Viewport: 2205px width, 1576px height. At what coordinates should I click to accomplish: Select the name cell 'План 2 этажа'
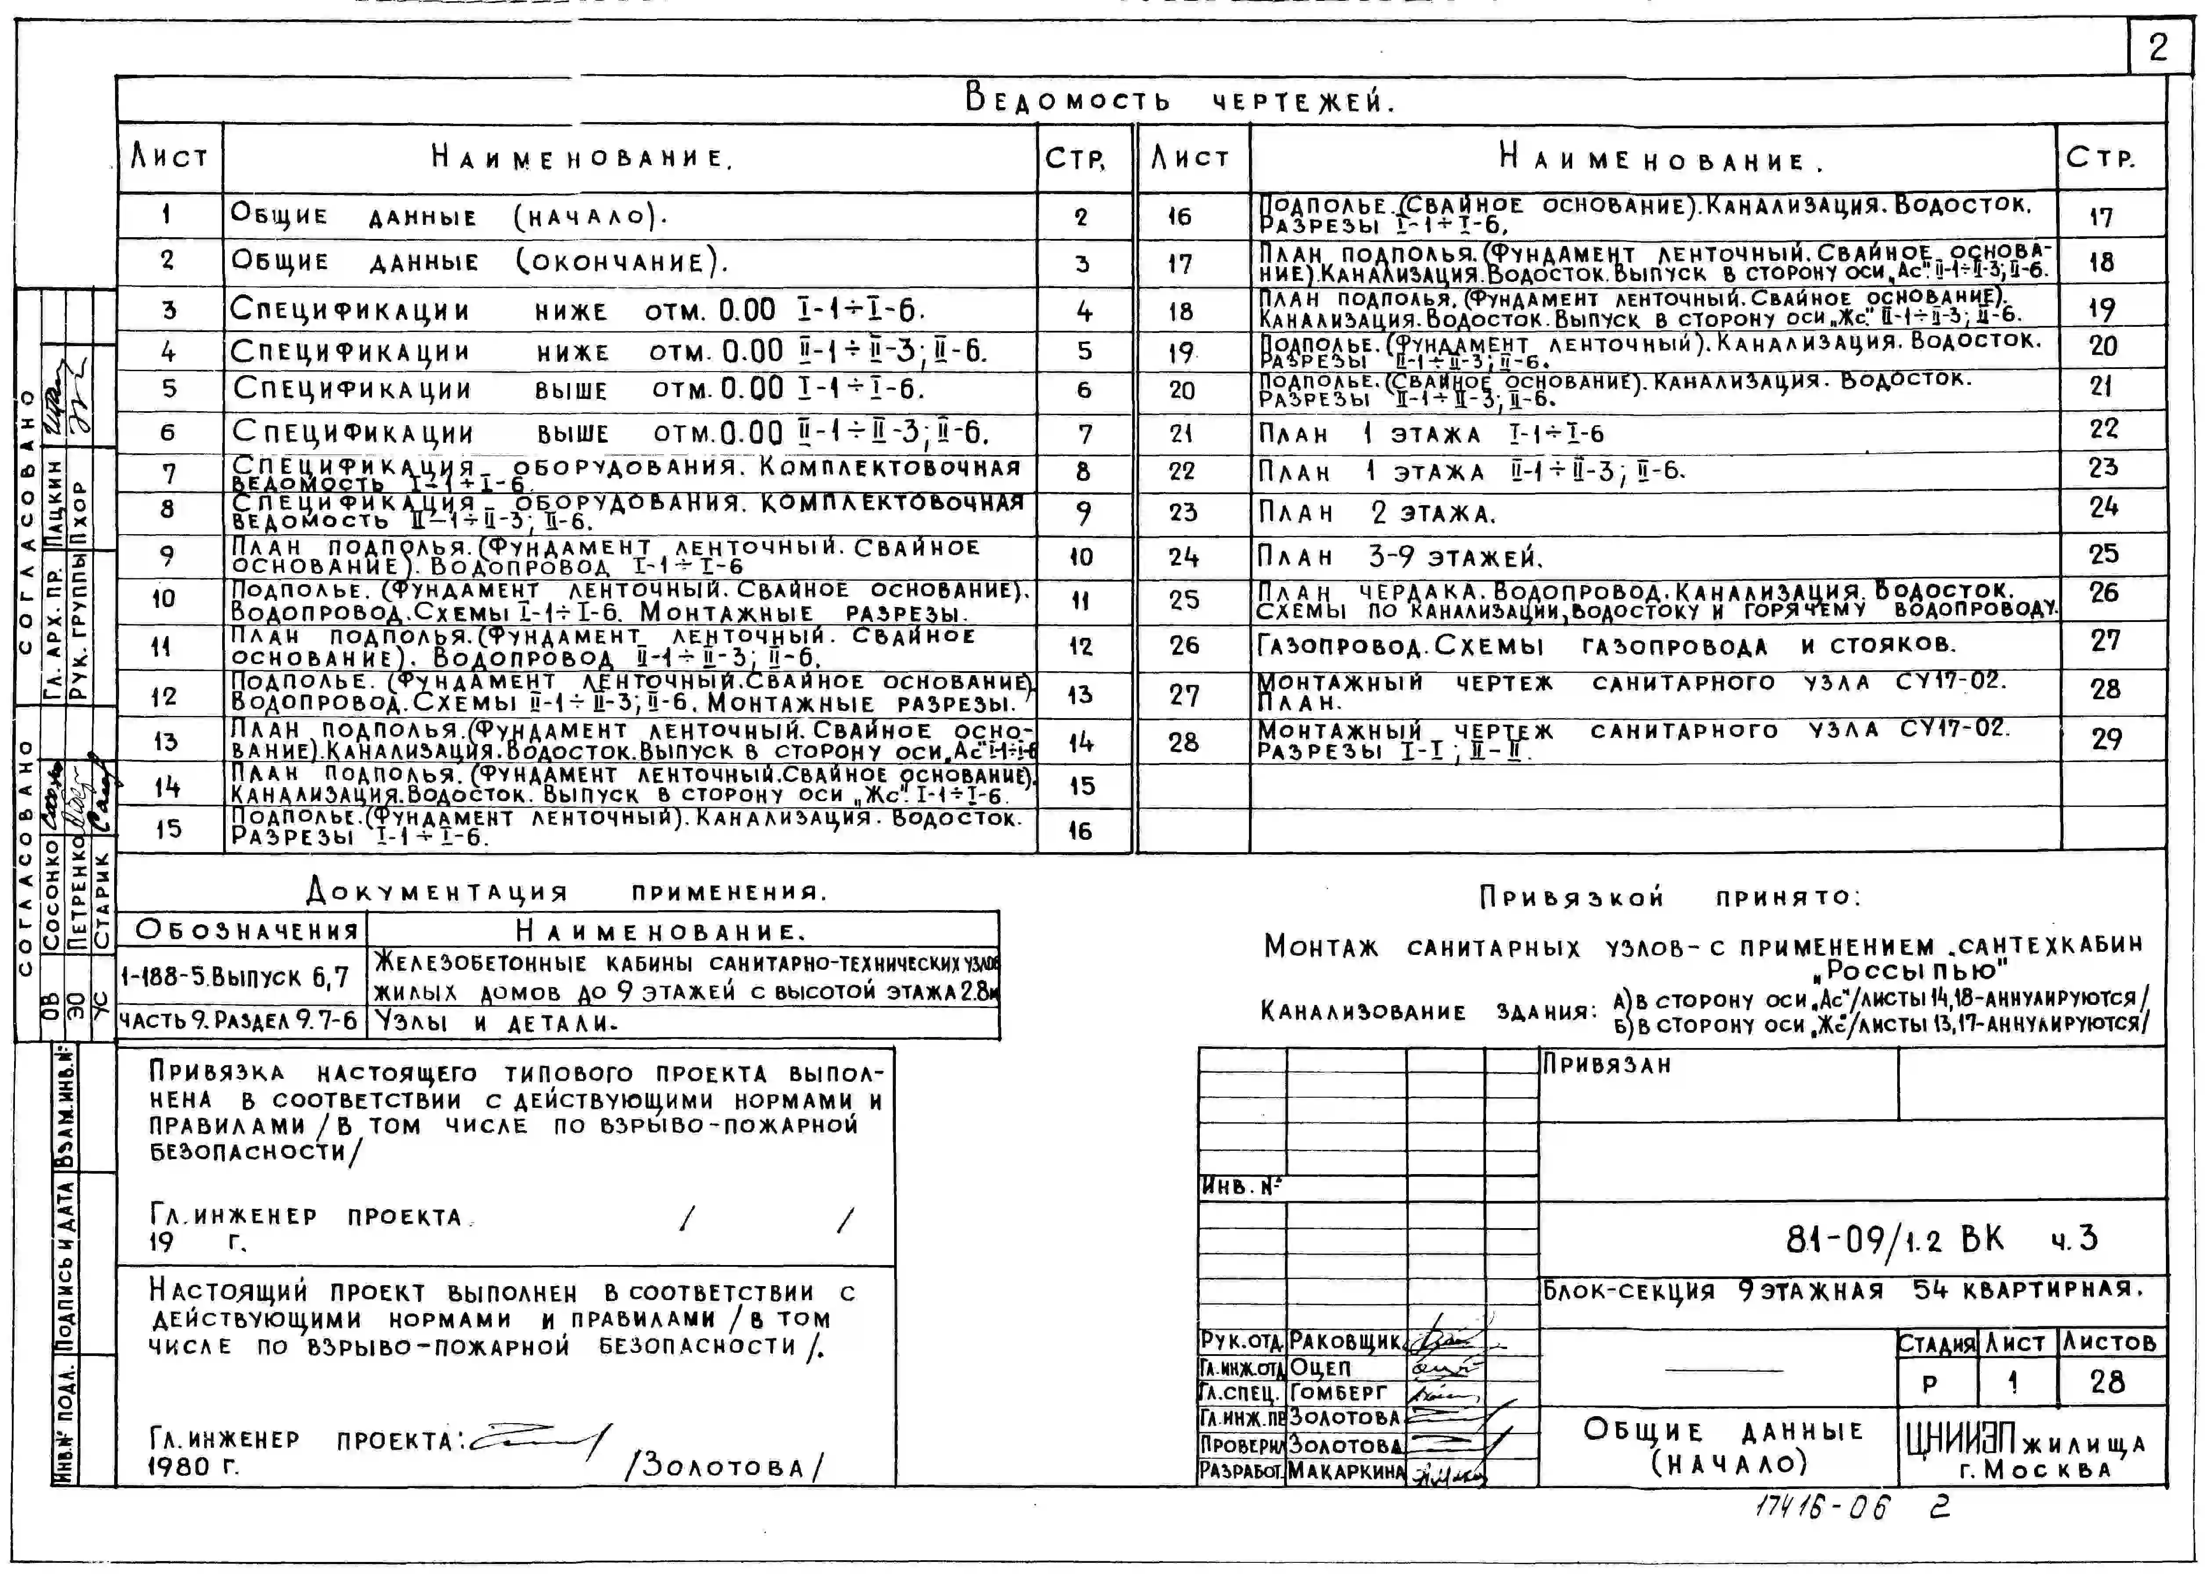tap(1378, 513)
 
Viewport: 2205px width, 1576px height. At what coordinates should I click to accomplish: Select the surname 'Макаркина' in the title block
tap(1346, 1471)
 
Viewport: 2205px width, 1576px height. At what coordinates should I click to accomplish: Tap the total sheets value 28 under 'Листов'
tap(2107, 1382)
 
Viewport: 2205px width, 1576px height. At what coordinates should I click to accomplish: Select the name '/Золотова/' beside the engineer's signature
tap(723, 1466)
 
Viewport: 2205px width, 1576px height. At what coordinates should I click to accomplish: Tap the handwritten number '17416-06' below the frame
tap(1822, 1507)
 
